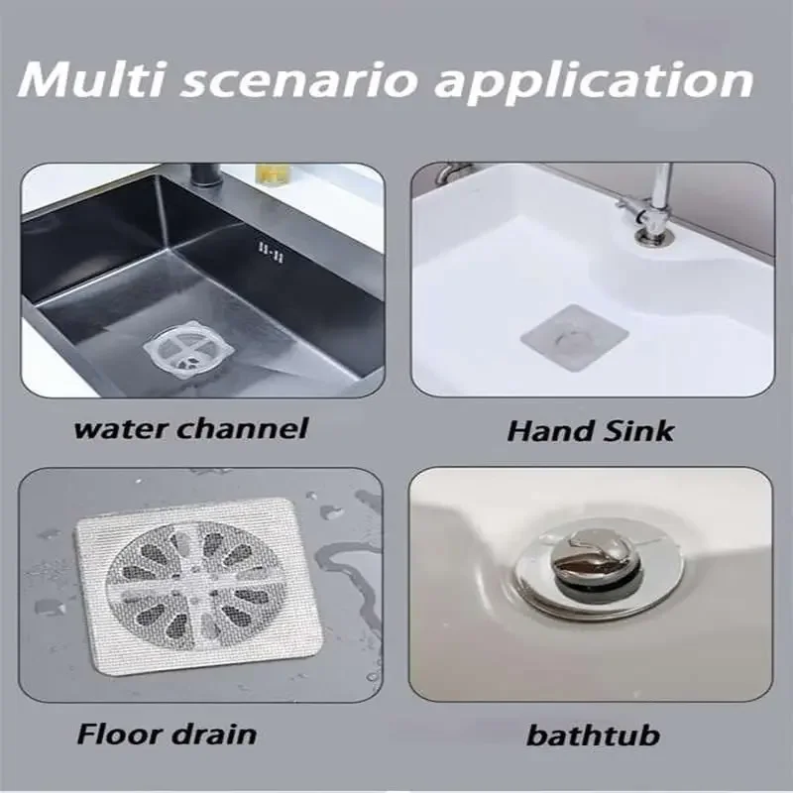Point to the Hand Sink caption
pos(591,431)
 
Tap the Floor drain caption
pos(167,735)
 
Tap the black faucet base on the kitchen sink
pos(204,178)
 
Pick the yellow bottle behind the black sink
pos(271,172)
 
